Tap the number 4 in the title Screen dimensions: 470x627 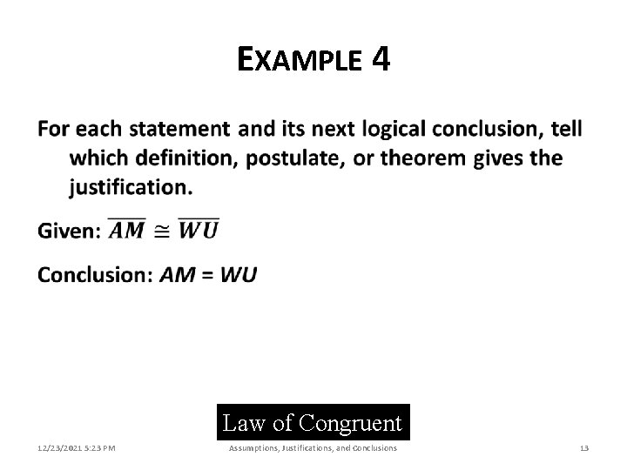[x=380, y=59]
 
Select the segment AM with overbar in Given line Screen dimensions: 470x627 [x=127, y=230]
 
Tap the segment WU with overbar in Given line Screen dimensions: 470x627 [x=199, y=230]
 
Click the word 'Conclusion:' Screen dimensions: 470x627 [x=94, y=274]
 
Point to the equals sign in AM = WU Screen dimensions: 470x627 [x=207, y=275]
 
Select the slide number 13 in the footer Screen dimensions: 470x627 [x=584, y=448]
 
